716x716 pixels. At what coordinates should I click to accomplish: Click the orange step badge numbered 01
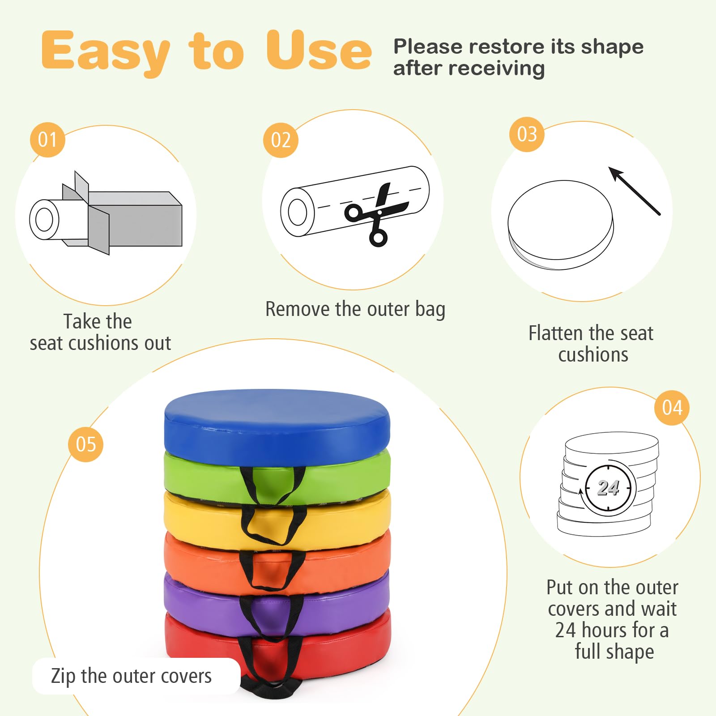pyautogui.click(x=47, y=140)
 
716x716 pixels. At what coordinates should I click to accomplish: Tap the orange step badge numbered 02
pyautogui.click(x=281, y=140)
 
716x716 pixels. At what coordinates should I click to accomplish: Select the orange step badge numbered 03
pyautogui.click(x=527, y=134)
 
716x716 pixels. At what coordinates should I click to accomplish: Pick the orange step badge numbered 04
pyautogui.click(x=672, y=407)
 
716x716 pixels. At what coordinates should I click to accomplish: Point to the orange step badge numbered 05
pyautogui.click(x=85, y=444)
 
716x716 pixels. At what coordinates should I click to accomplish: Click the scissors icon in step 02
pyautogui.click(x=376, y=215)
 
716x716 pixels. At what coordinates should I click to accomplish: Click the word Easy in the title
pyautogui.click(x=106, y=51)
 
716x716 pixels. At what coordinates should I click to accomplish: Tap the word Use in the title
pyautogui.click(x=319, y=50)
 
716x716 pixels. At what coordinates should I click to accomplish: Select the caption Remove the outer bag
pyautogui.click(x=355, y=309)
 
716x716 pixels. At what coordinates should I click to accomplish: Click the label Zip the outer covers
pyautogui.click(x=131, y=676)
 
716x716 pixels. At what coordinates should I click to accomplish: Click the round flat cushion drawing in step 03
pyautogui.click(x=560, y=225)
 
